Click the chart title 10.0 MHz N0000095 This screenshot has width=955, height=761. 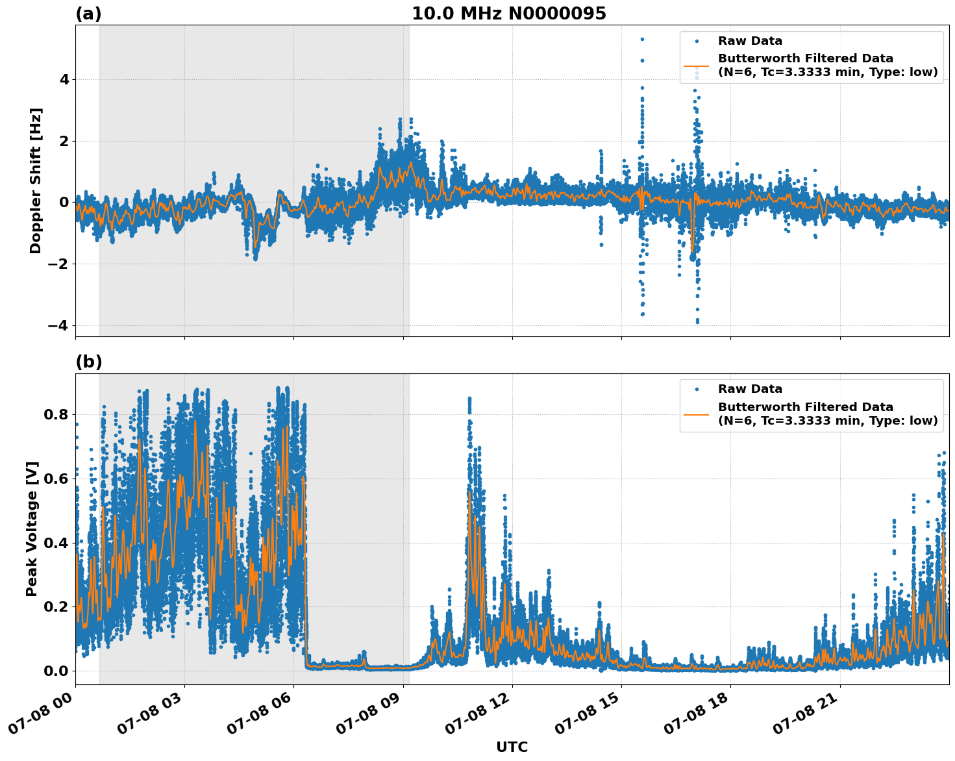[x=508, y=14]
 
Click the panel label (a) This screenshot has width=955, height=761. [x=88, y=14]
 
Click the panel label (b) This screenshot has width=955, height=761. [x=88, y=362]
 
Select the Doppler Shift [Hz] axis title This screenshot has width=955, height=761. [x=36, y=181]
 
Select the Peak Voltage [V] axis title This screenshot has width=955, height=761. [x=32, y=529]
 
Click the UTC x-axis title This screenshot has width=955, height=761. [x=512, y=747]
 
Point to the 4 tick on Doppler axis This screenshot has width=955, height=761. [x=64, y=80]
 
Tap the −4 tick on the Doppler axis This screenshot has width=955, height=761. [x=58, y=325]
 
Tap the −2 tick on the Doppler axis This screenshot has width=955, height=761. [x=58, y=264]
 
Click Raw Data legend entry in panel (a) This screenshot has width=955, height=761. [x=750, y=42]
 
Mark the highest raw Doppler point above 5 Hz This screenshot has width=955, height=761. [x=642, y=39]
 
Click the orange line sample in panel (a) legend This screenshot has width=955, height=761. [x=696, y=66]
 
